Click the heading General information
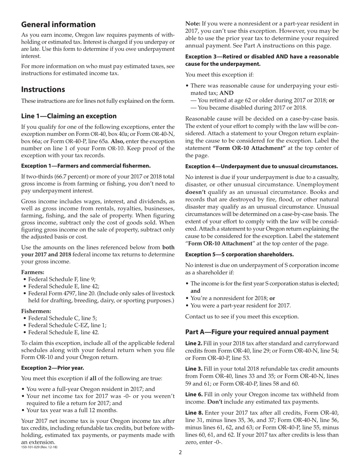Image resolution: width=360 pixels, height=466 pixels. (58, 25)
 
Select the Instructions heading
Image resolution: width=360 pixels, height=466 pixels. (43, 89)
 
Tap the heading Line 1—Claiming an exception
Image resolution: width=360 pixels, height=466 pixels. (69, 116)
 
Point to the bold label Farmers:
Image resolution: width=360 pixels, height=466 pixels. (33, 272)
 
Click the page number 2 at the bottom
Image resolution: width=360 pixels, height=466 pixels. (180, 452)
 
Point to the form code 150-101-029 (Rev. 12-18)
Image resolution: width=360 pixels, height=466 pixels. (39, 447)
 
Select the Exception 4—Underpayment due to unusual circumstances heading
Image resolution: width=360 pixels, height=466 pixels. (261, 166)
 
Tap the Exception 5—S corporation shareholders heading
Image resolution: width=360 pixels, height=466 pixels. (239, 254)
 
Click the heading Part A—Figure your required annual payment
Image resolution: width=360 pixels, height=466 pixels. (257, 332)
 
